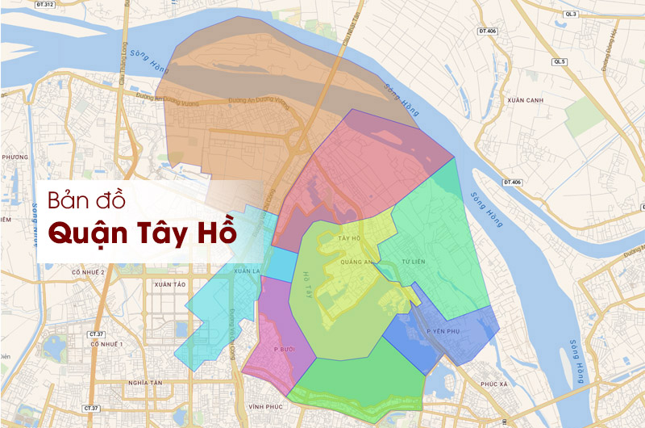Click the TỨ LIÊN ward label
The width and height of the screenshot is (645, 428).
click(x=413, y=262)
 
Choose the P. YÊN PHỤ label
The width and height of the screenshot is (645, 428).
click(x=443, y=332)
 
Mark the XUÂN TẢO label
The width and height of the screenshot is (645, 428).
click(x=169, y=285)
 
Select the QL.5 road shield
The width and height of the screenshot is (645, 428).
click(x=560, y=61)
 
